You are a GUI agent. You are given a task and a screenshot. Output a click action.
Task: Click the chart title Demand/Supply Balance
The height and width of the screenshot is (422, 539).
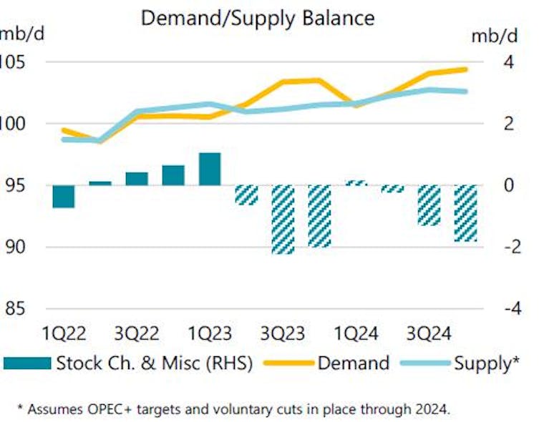tap(257, 17)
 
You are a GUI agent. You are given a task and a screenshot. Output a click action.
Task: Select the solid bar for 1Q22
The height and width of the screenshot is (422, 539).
tap(64, 197)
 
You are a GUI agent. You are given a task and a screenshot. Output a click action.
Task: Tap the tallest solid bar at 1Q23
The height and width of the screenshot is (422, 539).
tap(210, 169)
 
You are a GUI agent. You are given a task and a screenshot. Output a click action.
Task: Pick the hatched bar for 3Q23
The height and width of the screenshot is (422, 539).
tap(283, 220)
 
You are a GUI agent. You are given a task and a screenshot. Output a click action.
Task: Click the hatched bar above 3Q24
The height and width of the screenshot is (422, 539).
tap(429, 205)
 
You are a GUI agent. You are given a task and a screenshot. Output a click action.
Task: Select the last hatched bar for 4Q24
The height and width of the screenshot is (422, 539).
tap(465, 213)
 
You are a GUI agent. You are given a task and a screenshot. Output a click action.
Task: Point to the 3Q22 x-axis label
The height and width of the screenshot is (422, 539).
tap(137, 334)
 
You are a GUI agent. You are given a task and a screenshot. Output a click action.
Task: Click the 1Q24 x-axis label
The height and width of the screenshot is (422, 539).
tap(356, 334)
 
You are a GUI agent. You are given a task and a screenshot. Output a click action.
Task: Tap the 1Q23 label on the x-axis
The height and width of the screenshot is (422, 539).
tap(210, 334)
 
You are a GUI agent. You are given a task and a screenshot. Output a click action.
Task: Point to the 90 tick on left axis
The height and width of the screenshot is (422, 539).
tap(15, 247)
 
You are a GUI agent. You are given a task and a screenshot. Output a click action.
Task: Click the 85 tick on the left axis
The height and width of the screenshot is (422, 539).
tap(15, 310)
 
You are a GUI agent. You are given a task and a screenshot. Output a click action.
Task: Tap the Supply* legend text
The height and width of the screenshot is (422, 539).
tap(486, 363)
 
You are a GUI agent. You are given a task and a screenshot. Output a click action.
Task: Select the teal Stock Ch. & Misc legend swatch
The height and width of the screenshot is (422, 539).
tap(26, 363)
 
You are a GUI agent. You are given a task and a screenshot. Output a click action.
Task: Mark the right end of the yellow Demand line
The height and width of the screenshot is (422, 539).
tap(465, 69)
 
